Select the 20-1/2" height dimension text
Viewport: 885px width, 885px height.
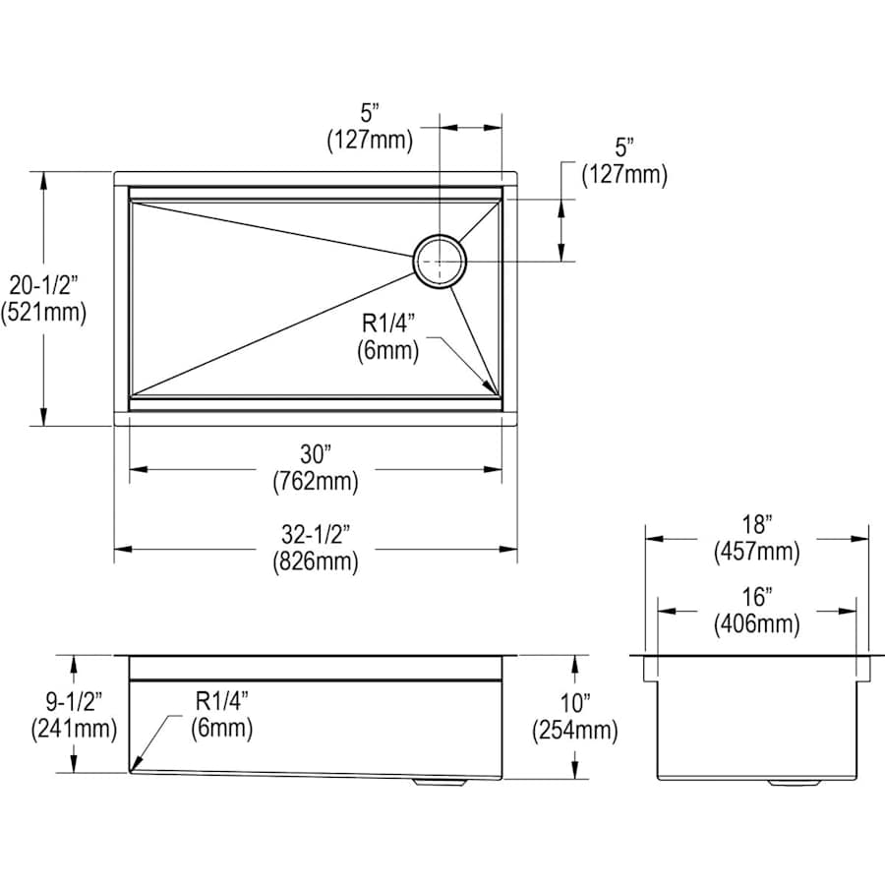coord(43,285)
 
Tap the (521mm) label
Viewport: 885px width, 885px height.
coord(43,312)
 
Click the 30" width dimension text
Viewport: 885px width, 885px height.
coord(315,454)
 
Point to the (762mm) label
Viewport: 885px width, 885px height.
coord(316,482)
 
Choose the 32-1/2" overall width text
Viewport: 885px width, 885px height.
coord(316,535)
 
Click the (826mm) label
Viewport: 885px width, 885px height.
coord(316,561)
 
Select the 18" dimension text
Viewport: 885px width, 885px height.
coord(756,524)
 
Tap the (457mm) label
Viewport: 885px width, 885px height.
coord(757,551)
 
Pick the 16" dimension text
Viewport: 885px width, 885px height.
coord(756,597)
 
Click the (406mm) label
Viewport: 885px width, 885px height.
coord(757,623)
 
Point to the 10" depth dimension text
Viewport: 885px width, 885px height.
coord(574,703)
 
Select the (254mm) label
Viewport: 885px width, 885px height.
coord(575,731)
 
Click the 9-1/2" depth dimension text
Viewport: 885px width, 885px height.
coord(74,701)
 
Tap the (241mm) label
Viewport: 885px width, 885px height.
coord(74,729)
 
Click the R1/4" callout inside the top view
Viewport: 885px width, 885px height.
coord(388,324)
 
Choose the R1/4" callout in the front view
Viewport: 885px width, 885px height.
coord(222,701)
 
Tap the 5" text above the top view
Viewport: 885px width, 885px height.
coord(370,113)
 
